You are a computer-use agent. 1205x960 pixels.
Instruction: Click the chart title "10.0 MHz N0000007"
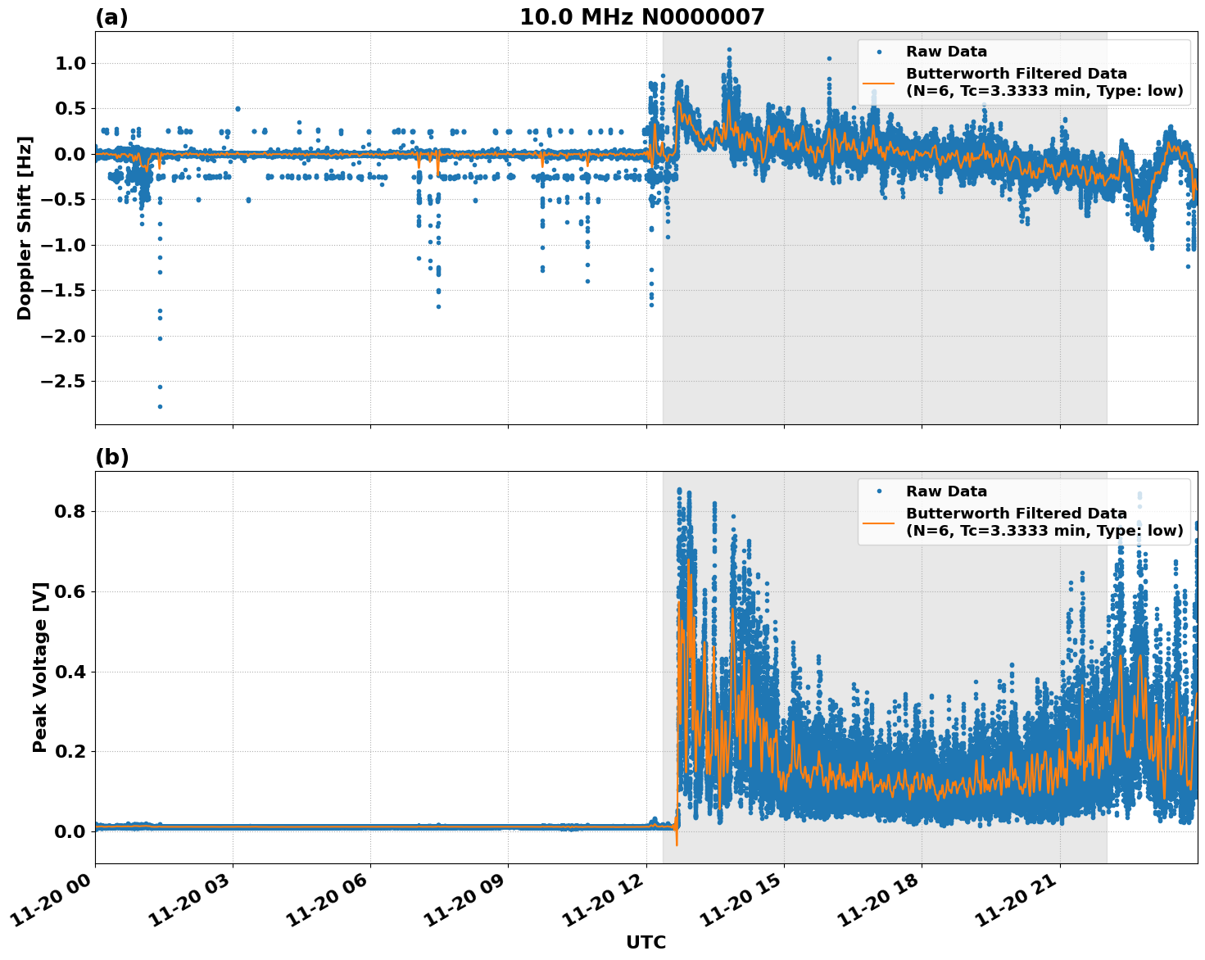[x=641, y=17]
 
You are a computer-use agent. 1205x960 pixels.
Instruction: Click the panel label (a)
[x=111, y=17]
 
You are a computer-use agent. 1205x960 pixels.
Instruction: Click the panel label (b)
[x=111, y=457]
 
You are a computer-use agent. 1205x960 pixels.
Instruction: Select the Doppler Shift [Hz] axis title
[x=25, y=228]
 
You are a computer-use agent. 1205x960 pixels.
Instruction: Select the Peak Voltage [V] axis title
[x=40, y=667]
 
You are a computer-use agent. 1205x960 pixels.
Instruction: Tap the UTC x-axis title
[x=646, y=942]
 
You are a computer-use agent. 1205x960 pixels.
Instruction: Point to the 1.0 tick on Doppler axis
[x=69, y=64]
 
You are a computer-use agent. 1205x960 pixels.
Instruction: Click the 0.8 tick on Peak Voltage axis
[x=69, y=512]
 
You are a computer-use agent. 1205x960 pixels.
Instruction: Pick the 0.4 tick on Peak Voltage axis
[x=69, y=672]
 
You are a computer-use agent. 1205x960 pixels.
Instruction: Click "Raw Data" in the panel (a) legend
[x=946, y=52]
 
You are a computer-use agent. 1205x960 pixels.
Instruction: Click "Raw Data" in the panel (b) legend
[x=946, y=491]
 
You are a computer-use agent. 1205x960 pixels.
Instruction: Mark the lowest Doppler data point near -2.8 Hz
[x=160, y=406]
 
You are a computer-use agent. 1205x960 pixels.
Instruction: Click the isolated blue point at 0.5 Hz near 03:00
[x=238, y=108]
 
